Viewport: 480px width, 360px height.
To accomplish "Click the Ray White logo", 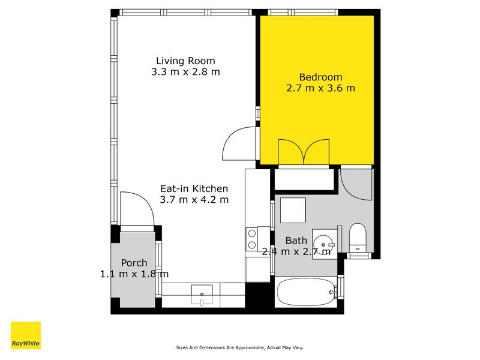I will pos(26,335).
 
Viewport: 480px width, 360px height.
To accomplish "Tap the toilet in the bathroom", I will pos(358,237).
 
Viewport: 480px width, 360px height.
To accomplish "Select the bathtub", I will pos(305,292).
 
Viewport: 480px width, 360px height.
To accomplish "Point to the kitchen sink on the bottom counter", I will pos(202,295).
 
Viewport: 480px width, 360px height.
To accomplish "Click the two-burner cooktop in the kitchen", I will pos(252,239).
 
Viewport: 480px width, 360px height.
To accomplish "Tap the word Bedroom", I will pos(320,77).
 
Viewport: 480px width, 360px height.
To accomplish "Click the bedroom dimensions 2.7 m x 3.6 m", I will pos(320,88).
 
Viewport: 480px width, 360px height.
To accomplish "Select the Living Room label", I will pos(185,61).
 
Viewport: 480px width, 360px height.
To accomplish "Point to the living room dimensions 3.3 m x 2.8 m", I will pos(185,72).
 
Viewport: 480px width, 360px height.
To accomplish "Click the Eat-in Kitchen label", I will pos(194,188).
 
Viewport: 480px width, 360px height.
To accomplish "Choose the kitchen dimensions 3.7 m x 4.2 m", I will pos(194,199).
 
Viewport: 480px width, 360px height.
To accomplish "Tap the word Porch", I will pos(134,263).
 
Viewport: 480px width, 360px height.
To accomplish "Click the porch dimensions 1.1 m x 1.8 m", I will pos(134,274).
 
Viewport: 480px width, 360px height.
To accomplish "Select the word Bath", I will pos(296,241).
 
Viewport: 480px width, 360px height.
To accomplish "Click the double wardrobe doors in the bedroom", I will pos(304,152).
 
